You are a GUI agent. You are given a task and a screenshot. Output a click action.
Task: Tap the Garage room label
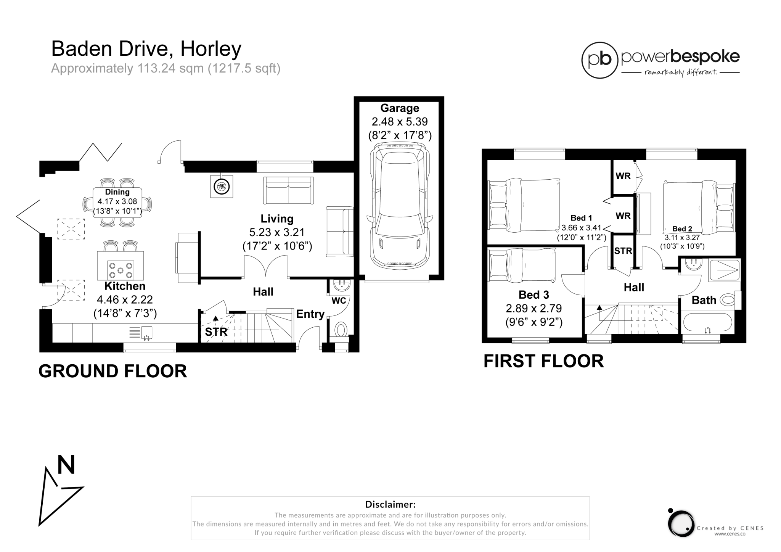[400, 108]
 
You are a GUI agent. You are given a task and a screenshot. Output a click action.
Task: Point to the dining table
[117, 202]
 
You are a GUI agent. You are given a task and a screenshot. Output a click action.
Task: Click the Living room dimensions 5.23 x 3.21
[277, 232]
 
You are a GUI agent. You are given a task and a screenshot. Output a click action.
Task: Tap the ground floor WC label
[339, 301]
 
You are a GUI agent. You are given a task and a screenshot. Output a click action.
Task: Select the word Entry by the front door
[310, 314]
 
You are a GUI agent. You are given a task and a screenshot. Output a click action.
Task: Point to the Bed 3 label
[534, 295]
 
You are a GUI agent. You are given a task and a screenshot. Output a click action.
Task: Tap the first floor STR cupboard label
[623, 251]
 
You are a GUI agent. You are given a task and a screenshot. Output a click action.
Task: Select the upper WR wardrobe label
[623, 176]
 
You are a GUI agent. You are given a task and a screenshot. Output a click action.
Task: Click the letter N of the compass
[66, 465]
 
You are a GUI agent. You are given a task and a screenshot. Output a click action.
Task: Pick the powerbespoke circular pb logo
[599, 60]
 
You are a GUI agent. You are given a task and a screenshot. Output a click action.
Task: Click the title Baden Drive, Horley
[146, 49]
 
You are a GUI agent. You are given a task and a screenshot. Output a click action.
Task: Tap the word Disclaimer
[390, 504]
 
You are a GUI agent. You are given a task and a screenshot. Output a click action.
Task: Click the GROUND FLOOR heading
[113, 371]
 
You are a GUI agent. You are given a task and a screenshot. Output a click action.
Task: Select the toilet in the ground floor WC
[341, 330]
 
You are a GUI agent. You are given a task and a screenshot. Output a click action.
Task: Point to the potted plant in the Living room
[221, 187]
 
